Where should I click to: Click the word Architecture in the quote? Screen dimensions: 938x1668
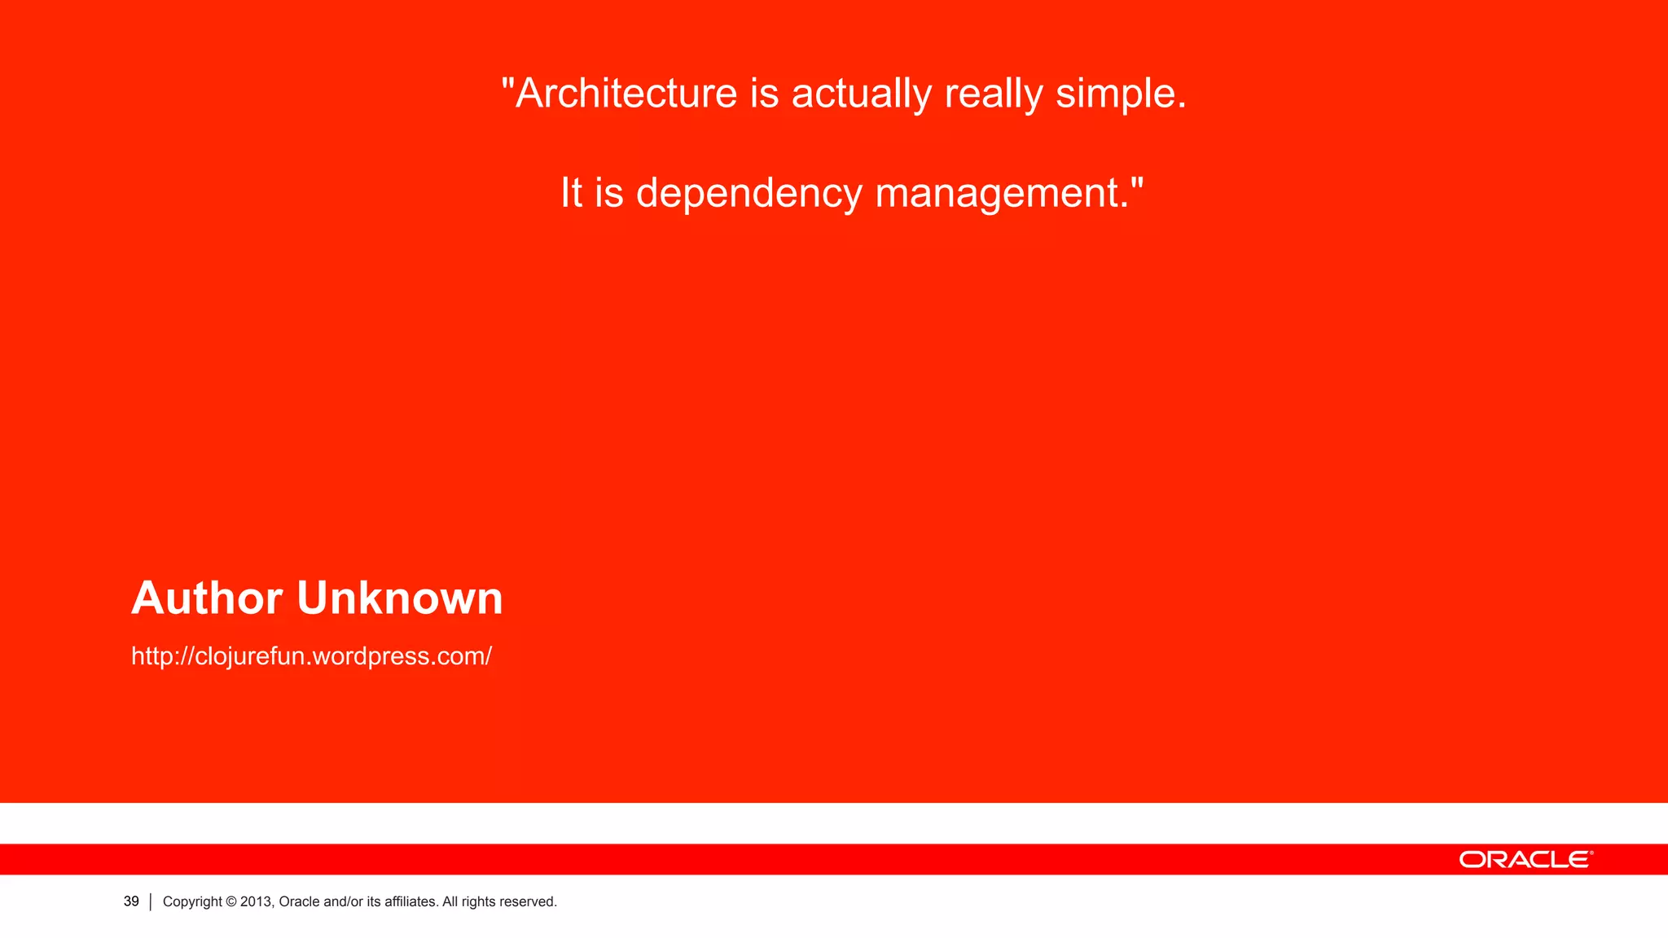[x=626, y=93]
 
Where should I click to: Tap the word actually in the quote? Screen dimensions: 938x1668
[x=862, y=93]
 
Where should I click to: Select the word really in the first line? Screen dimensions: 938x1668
[x=994, y=93]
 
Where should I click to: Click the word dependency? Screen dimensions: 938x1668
[x=748, y=193]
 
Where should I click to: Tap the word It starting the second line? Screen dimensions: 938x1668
[x=571, y=193]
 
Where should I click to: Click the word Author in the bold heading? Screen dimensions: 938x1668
[x=207, y=598]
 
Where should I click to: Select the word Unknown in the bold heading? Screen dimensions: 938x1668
[x=400, y=598]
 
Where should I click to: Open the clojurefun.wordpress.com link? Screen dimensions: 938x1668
[x=311, y=656]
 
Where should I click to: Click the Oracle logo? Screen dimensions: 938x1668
[x=1525, y=860]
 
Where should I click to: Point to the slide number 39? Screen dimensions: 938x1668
[x=131, y=901]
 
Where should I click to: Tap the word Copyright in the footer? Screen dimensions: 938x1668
[x=192, y=902]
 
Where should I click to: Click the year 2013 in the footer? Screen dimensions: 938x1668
[x=256, y=902]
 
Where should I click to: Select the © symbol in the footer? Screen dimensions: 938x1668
[x=231, y=902]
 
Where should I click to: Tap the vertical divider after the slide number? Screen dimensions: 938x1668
[x=151, y=902]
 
